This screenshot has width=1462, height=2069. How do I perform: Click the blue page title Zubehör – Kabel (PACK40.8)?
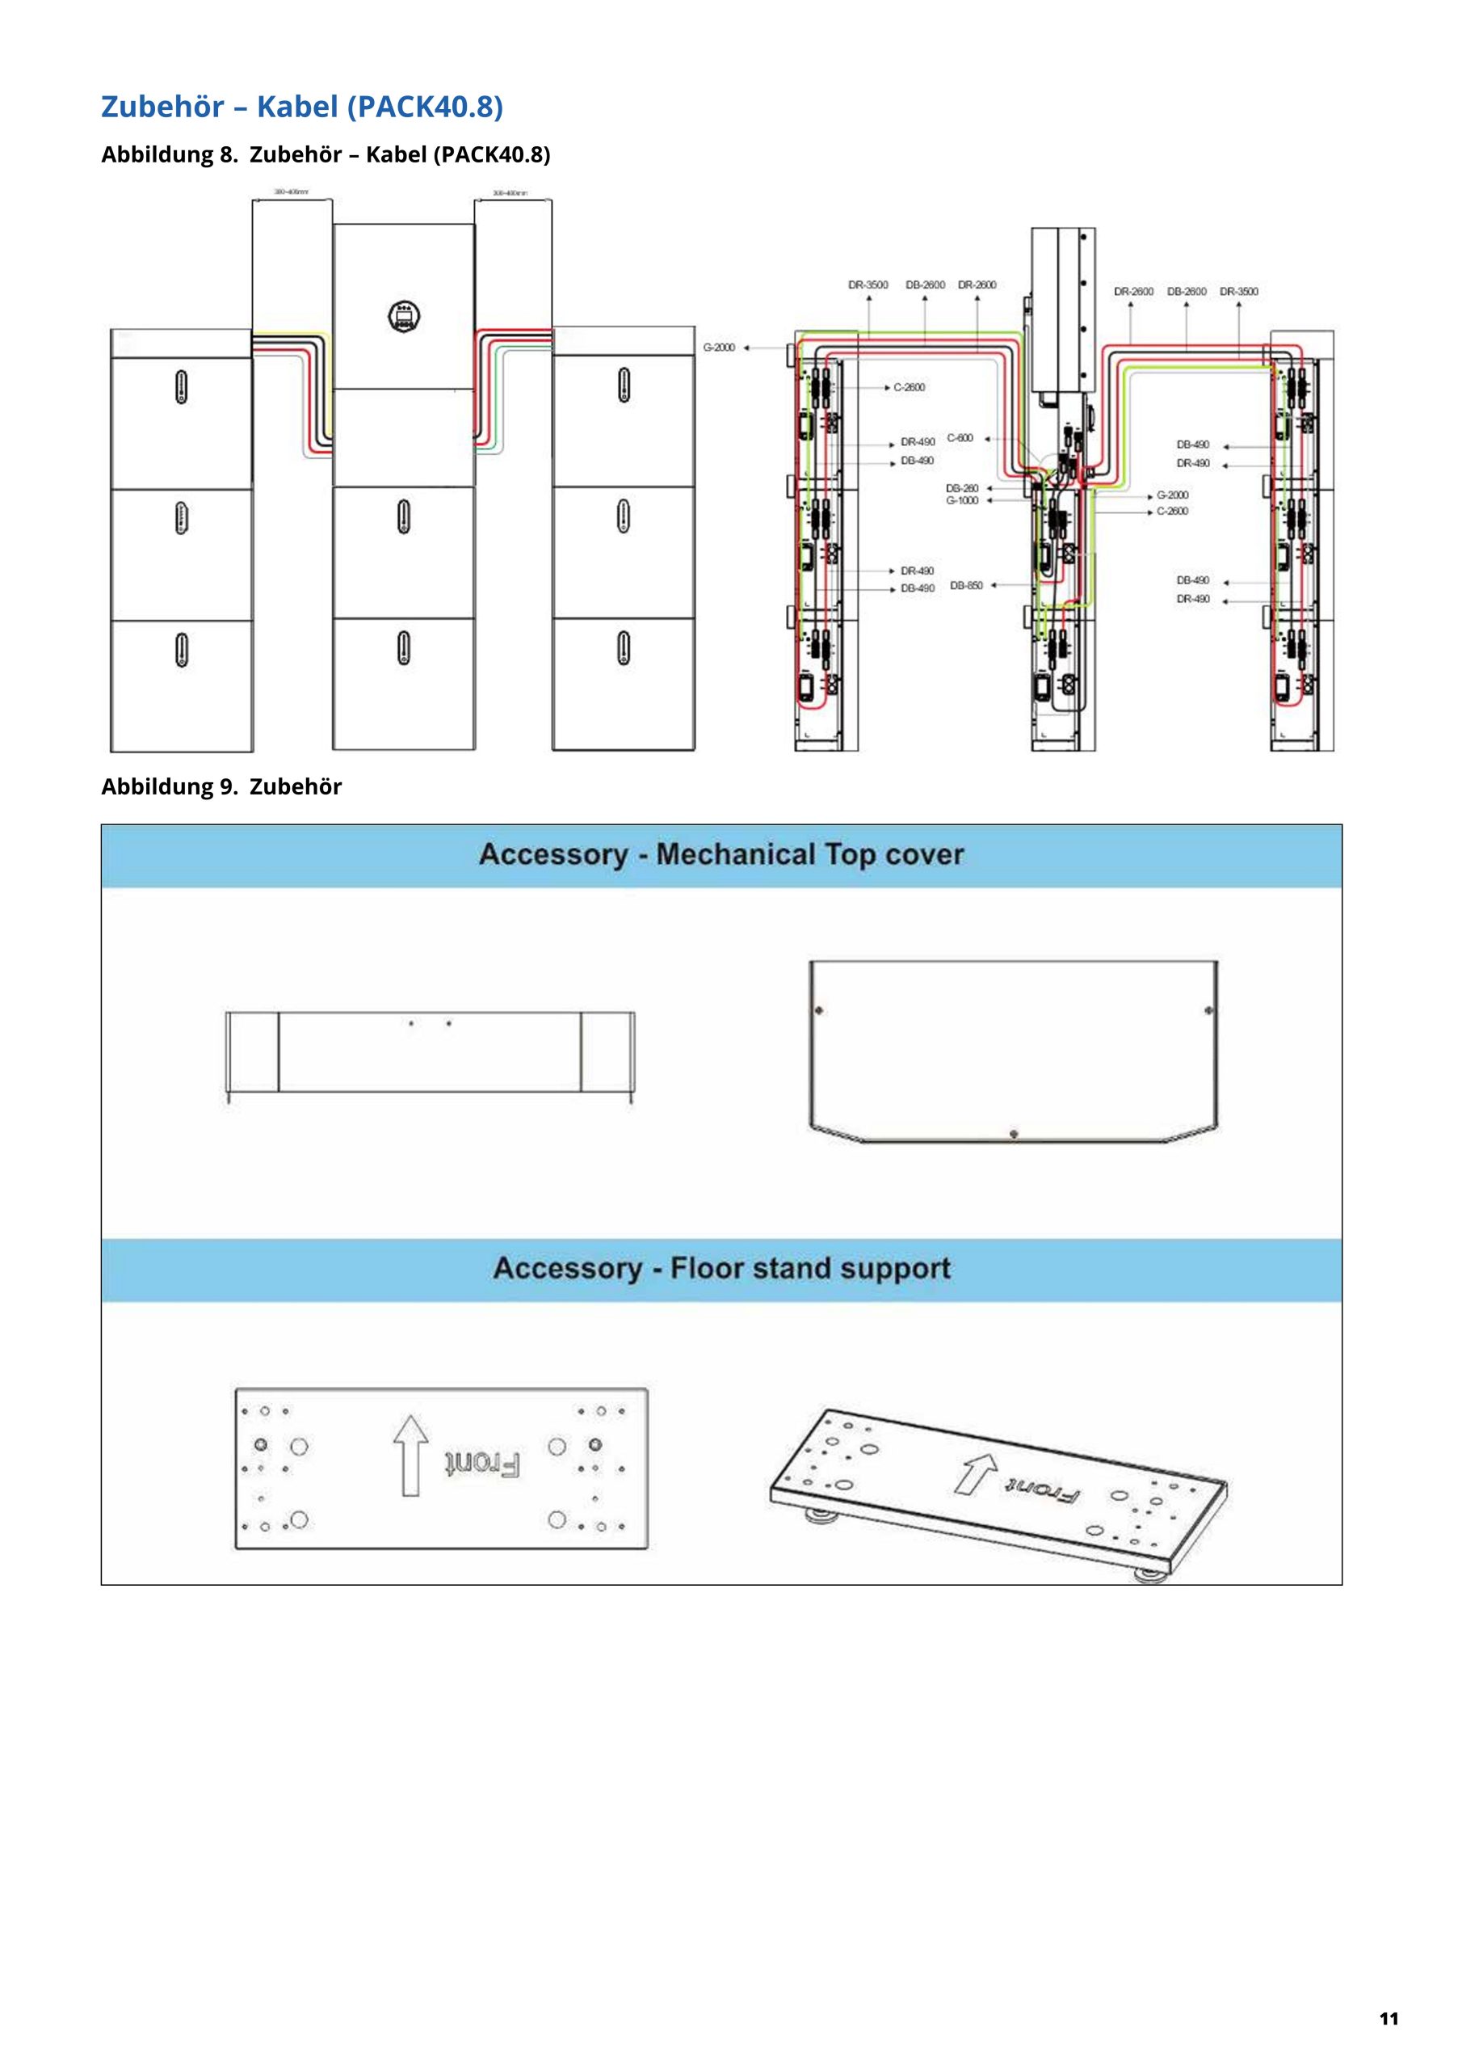(x=302, y=107)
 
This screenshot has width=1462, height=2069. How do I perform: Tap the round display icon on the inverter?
(x=405, y=314)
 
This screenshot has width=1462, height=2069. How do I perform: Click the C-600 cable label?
(x=960, y=439)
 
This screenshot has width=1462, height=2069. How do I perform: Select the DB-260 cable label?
(x=962, y=488)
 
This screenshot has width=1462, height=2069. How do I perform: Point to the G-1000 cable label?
(x=962, y=500)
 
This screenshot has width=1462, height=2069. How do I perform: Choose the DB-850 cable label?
(x=967, y=586)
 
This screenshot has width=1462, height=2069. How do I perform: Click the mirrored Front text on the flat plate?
(x=482, y=1465)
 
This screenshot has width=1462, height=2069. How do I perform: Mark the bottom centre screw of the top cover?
(x=1014, y=1133)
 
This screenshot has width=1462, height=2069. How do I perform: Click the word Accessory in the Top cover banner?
(x=552, y=854)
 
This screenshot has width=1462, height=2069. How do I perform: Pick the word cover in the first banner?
(x=925, y=854)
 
